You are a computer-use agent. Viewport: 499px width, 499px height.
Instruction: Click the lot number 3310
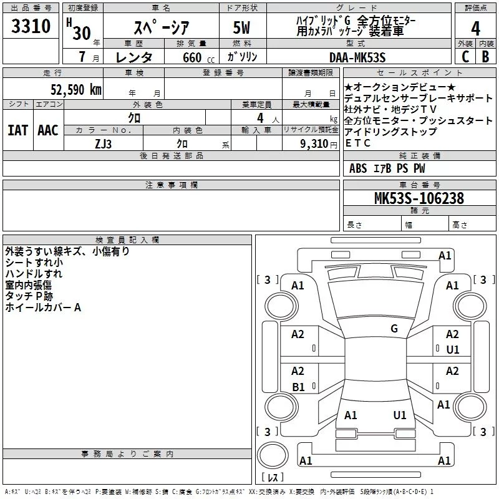click(x=31, y=26)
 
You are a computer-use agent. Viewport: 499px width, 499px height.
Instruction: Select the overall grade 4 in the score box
click(x=475, y=29)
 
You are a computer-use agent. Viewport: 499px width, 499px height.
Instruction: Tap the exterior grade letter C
click(x=465, y=57)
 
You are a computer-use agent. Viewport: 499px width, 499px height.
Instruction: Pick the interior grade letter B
click(x=485, y=57)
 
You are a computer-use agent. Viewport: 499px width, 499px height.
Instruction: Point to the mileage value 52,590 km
click(x=76, y=90)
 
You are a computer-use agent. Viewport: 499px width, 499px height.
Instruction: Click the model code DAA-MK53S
click(x=357, y=57)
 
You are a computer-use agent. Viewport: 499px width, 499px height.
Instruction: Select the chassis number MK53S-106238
click(x=419, y=198)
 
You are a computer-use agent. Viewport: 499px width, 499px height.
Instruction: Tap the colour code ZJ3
click(x=103, y=144)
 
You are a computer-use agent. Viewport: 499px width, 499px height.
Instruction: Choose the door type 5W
click(x=241, y=27)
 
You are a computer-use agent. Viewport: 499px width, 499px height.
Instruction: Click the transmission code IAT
click(x=17, y=130)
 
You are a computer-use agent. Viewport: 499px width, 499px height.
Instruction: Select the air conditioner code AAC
click(x=48, y=130)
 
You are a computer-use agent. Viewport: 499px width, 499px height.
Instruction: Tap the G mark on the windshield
click(x=394, y=328)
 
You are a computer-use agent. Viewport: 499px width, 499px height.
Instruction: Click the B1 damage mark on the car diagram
click(x=299, y=387)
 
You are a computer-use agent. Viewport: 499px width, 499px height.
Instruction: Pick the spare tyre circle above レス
click(x=273, y=455)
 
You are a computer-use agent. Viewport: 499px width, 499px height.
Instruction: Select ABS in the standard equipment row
click(x=358, y=168)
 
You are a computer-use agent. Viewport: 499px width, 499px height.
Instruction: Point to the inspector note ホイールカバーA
click(x=43, y=308)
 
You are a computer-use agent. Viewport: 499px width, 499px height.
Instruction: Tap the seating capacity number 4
click(x=260, y=118)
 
